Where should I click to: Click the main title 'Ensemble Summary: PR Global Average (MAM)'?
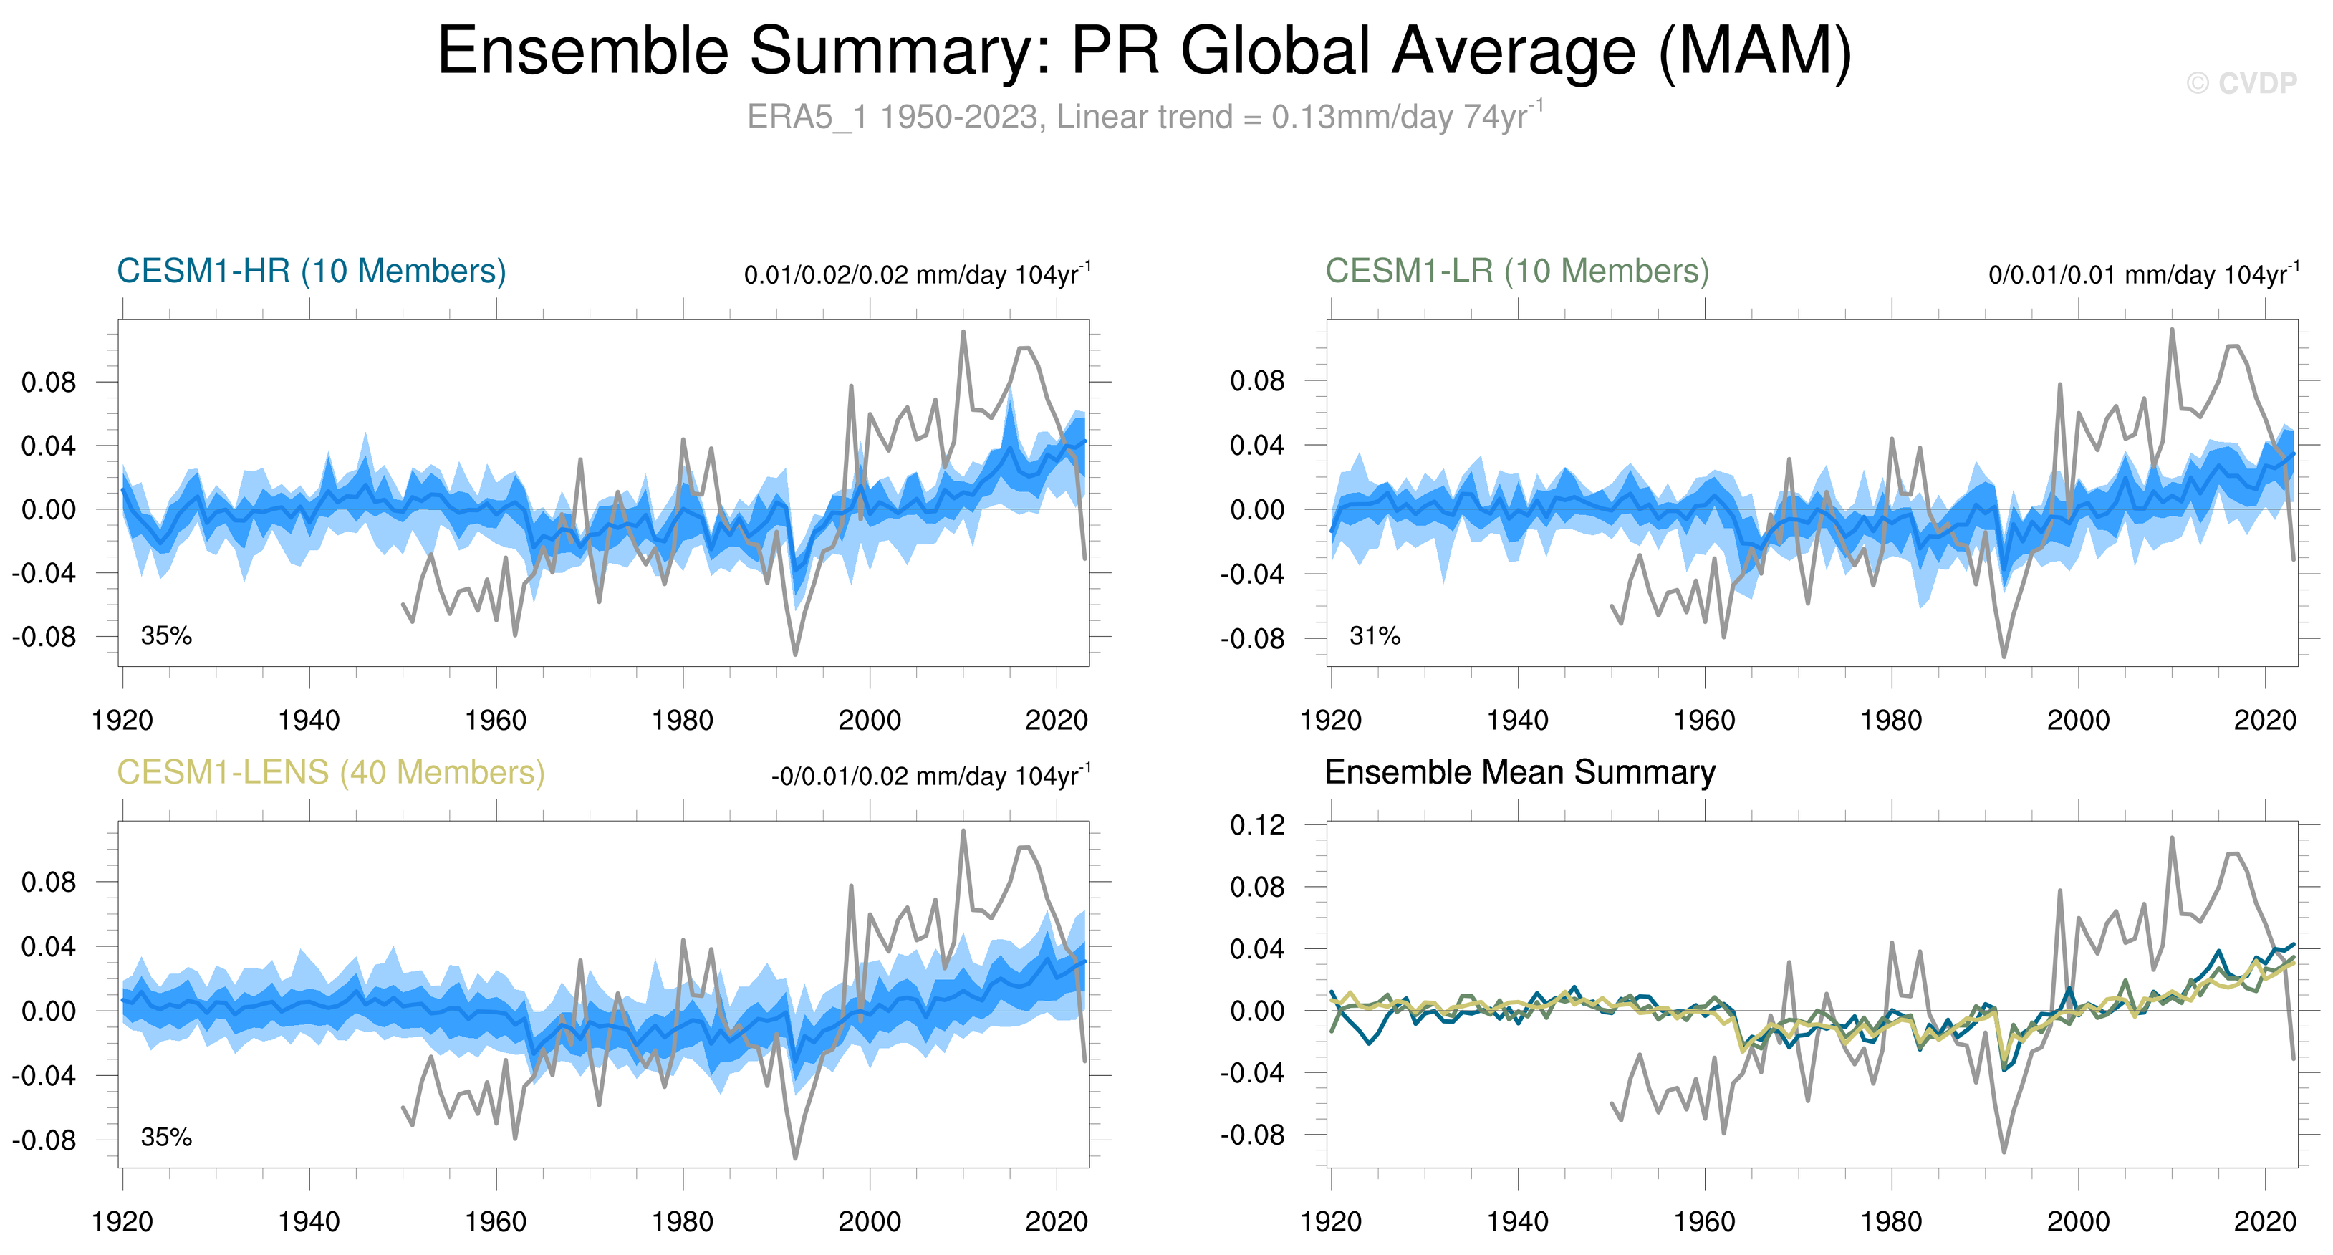click(x=1145, y=51)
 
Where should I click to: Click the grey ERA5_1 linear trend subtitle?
click(x=1145, y=117)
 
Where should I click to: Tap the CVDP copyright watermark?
click(x=2241, y=83)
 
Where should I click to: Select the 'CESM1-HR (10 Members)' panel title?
click(x=311, y=271)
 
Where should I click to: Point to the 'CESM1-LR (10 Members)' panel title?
click(x=1517, y=271)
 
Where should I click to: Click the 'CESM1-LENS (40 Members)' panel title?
click(x=330, y=772)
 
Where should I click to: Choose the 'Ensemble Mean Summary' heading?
click(x=1520, y=772)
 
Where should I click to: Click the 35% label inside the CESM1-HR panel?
click(x=165, y=635)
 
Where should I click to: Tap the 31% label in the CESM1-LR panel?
click(x=1374, y=635)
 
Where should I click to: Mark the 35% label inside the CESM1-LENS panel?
click(x=165, y=1138)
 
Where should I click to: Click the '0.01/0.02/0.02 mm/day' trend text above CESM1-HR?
click(x=917, y=274)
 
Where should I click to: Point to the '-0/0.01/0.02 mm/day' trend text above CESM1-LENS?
click(x=930, y=776)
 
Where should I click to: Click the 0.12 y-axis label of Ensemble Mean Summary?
click(x=1257, y=825)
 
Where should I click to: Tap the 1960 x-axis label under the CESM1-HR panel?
click(x=496, y=721)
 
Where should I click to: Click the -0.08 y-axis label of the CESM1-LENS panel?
click(x=44, y=1140)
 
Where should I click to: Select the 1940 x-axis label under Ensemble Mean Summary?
click(x=1517, y=1222)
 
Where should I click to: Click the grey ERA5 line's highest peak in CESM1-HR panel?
click(x=963, y=332)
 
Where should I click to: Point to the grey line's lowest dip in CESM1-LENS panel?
click(x=795, y=1157)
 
